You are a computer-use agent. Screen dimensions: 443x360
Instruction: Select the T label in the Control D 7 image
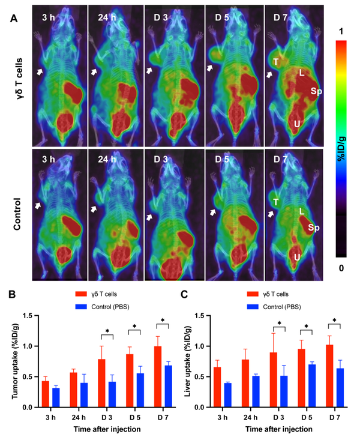pos(275,202)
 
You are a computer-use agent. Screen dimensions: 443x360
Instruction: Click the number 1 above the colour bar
pos(341,31)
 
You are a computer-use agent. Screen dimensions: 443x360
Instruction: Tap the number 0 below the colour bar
pos(341,268)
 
